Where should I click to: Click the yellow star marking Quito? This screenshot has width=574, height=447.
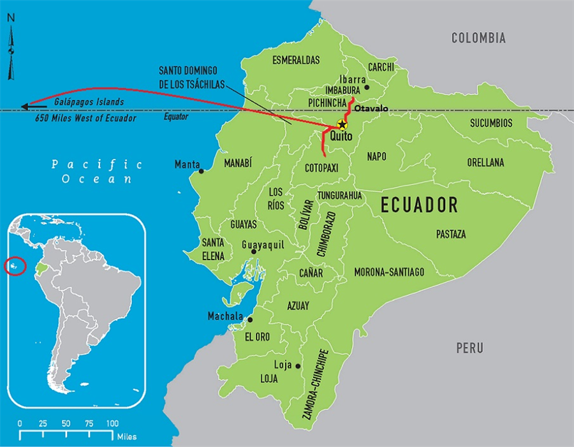342,124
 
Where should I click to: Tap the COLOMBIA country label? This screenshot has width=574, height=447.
478,38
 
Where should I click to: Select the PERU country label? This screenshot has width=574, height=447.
469,348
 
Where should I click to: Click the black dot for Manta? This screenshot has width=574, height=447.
202,170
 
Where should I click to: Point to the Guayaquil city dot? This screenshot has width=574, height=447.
254,252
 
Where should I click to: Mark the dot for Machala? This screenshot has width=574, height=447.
250,320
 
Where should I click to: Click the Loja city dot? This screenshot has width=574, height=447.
298,366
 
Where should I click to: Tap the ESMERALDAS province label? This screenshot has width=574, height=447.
296,61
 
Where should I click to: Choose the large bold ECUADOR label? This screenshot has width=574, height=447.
419,205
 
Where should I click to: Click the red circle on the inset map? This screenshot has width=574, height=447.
15,265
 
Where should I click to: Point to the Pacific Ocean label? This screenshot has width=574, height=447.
97,172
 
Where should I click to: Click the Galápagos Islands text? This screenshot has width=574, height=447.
89,101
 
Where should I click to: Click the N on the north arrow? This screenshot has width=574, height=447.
11,18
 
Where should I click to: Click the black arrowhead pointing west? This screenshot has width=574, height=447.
26,106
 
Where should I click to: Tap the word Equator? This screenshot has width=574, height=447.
175,117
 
